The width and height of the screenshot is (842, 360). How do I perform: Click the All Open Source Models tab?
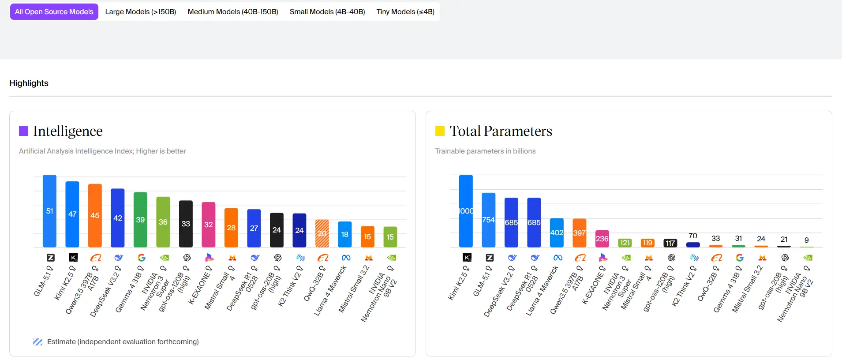pos(54,12)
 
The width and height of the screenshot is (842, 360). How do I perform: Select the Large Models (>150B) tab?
pos(140,12)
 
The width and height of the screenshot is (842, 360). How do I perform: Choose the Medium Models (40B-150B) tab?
pos(233,12)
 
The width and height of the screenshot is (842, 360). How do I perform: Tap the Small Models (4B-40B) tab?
pos(327,12)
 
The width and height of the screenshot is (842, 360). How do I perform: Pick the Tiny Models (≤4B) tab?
pos(405,12)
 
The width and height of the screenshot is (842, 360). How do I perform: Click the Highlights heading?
pos(29,83)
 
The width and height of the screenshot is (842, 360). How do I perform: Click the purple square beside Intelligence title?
pos(23,131)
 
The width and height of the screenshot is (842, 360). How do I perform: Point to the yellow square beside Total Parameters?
pos(440,131)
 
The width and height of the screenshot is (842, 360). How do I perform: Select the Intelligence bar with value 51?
pos(49,211)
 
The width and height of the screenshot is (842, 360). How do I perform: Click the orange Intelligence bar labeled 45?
pos(95,215)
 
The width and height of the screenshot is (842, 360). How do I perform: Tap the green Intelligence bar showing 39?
pos(140,219)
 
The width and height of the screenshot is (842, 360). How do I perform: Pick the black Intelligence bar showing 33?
pos(186,224)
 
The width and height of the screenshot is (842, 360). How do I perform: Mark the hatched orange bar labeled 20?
pos(322,233)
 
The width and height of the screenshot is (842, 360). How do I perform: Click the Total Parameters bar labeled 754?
pos(488,220)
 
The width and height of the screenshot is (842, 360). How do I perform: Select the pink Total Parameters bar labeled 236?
pos(602,239)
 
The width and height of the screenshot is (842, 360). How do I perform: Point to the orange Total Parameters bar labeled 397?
pos(579,232)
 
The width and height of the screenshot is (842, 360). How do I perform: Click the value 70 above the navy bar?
pos(693,236)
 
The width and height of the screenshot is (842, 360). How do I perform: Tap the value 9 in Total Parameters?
pos(806,240)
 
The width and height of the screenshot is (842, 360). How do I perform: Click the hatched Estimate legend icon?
pos(37,342)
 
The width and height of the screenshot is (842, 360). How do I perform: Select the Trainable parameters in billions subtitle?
pos(485,151)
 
